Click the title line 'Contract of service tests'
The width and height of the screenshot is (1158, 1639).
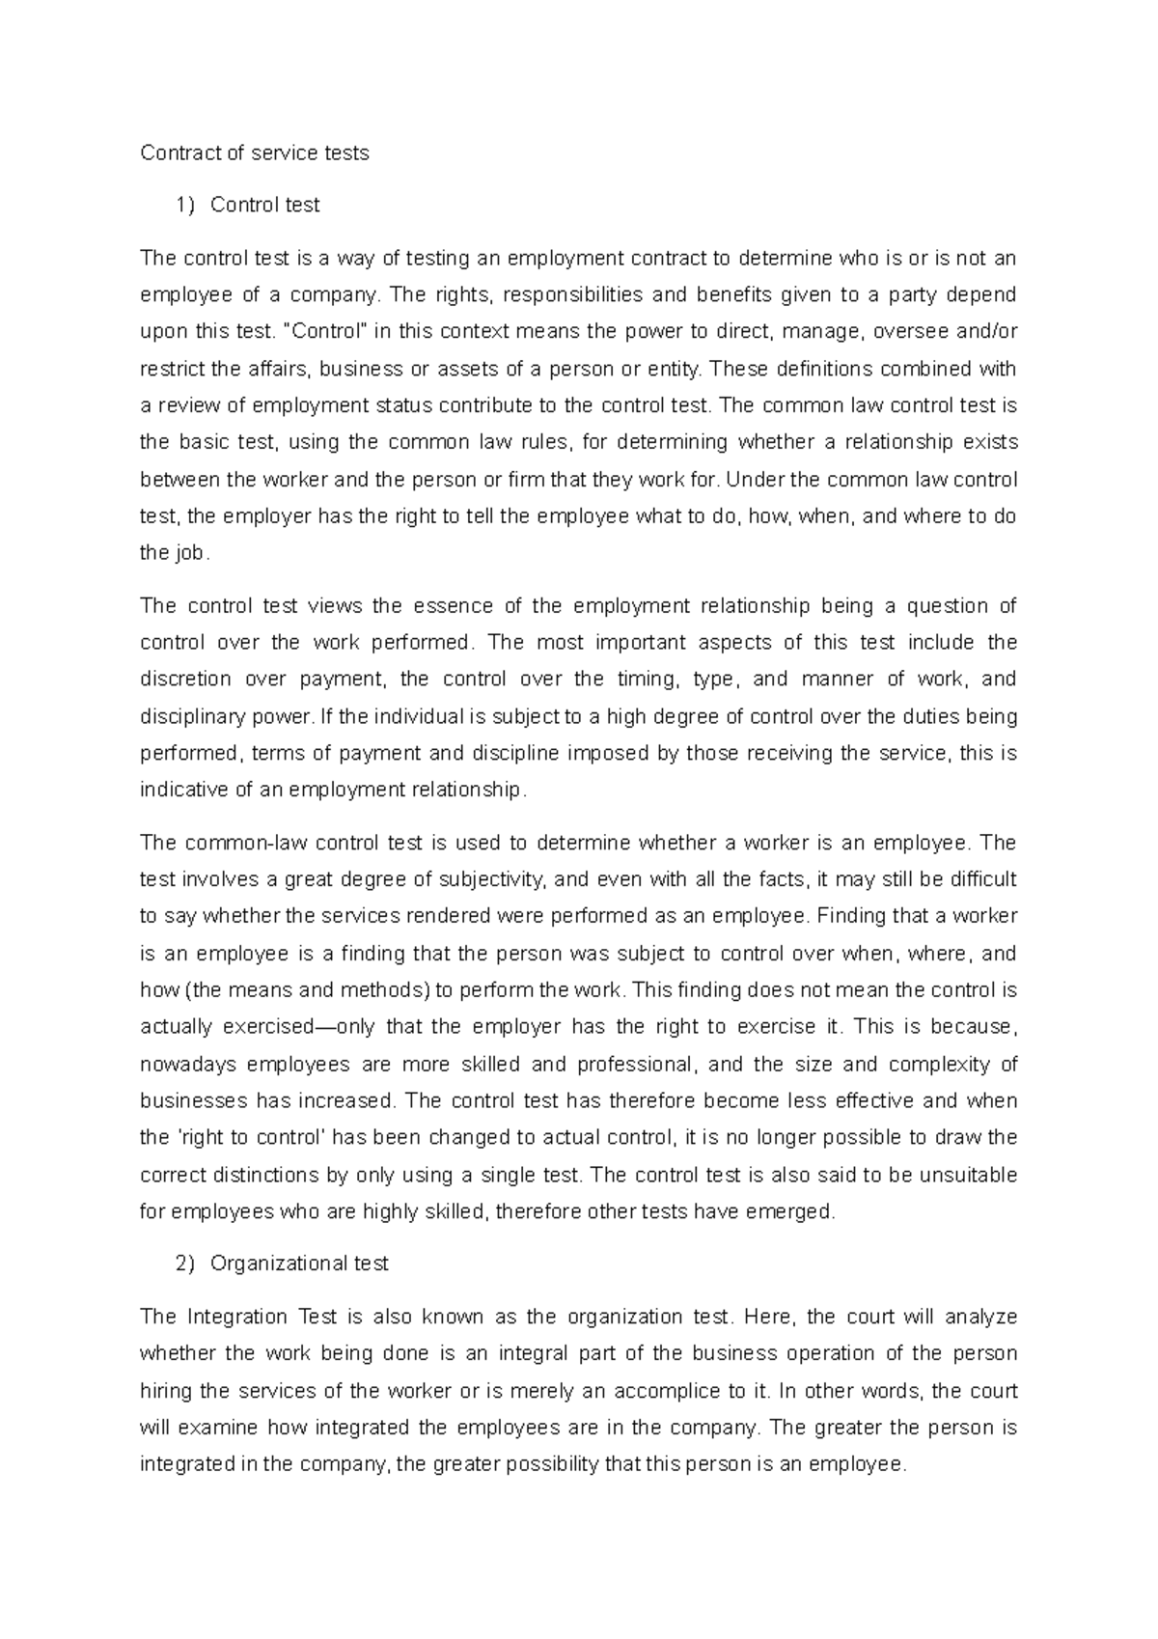tap(255, 153)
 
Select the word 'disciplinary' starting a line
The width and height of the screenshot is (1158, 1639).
tap(187, 717)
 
